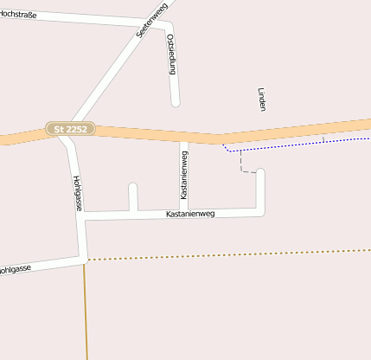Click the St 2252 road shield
click(x=71, y=129)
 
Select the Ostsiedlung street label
click(x=170, y=55)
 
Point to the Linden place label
click(x=261, y=99)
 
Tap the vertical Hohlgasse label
click(x=77, y=193)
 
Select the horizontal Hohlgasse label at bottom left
click(x=15, y=269)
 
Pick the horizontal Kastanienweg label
click(x=189, y=213)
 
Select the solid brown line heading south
click(x=86, y=312)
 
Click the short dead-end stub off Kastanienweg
click(x=132, y=190)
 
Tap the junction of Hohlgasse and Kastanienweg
click(x=83, y=215)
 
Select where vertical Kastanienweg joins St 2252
click(x=183, y=138)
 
